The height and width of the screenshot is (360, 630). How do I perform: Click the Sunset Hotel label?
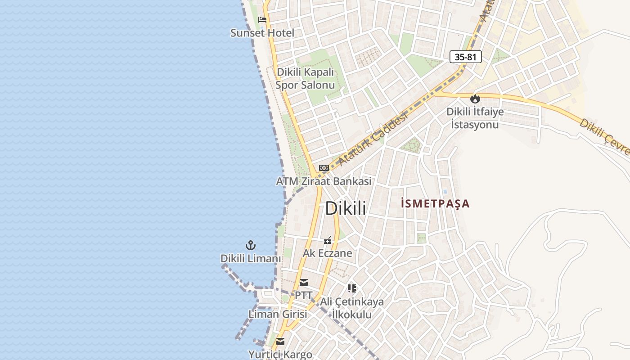pyautogui.click(x=262, y=33)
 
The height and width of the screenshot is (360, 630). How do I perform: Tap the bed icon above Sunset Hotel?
pyautogui.click(x=262, y=20)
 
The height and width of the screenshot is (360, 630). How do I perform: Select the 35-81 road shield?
pyautogui.click(x=465, y=57)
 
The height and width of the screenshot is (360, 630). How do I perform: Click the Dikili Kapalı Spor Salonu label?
pyautogui.click(x=306, y=78)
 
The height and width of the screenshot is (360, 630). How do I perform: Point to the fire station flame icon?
pyautogui.click(x=475, y=99)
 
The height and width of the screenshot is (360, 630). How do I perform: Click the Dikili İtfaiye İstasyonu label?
pyautogui.click(x=475, y=118)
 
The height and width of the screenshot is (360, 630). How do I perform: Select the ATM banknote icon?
pyautogui.click(x=324, y=168)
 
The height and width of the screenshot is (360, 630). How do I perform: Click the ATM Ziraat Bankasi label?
pyautogui.click(x=324, y=181)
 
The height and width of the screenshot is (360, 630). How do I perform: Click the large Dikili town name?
pyautogui.click(x=345, y=208)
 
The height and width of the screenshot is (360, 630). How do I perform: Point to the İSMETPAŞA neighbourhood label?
pyautogui.click(x=435, y=204)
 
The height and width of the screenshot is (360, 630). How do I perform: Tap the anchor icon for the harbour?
pyautogui.click(x=250, y=245)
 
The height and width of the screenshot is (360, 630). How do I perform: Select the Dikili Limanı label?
pyautogui.click(x=250, y=259)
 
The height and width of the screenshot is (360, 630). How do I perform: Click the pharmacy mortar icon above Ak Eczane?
pyautogui.click(x=328, y=240)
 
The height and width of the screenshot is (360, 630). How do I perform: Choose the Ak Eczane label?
pyautogui.click(x=327, y=253)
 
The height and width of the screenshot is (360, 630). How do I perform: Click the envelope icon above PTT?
pyautogui.click(x=304, y=283)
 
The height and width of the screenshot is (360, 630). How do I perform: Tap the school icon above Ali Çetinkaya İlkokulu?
pyautogui.click(x=352, y=288)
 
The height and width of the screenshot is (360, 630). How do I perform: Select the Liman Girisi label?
pyautogui.click(x=278, y=314)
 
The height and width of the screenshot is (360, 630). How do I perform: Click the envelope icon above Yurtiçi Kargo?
pyautogui.click(x=280, y=342)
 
